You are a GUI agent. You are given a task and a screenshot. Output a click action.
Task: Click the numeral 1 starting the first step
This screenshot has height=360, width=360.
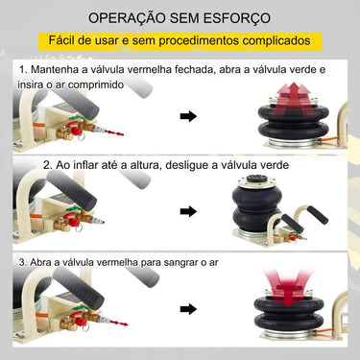point(21,71)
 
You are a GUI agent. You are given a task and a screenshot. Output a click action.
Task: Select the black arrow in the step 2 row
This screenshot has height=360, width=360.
point(188,211)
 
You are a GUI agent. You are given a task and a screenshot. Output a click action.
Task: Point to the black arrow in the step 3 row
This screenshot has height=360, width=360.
point(188,308)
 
